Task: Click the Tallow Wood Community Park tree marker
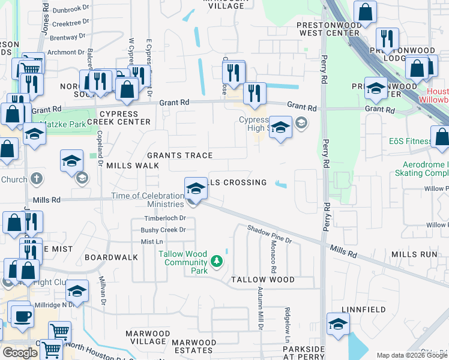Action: (x=217, y=262)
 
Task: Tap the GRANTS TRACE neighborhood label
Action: (x=180, y=155)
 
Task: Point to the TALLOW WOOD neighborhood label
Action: (x=263, y=280)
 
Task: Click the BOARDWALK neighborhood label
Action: (x=111, y=257)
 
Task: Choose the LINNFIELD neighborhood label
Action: (x=363, y=309)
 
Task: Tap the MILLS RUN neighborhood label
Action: (x=414, y=254)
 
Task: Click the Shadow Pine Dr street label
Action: (x=270, y=233)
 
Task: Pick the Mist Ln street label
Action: (x=152, y=241)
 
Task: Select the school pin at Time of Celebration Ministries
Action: (x=194, y=189)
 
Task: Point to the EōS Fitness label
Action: (x=411, y=142)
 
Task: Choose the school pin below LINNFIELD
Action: (x=338, y=324)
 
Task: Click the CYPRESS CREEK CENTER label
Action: (x=125, y=118)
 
